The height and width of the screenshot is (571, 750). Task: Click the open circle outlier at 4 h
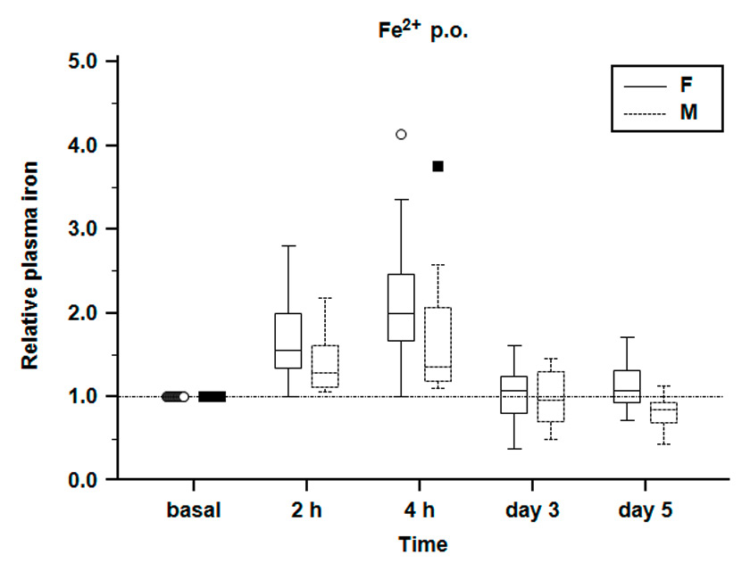click(x=401, y=134)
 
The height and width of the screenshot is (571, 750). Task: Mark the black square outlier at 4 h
click(x=438, y=166)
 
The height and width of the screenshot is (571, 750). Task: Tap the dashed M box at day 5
click(x=663, y=413)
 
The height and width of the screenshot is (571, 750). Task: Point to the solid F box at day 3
click(x=514, y=394)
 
